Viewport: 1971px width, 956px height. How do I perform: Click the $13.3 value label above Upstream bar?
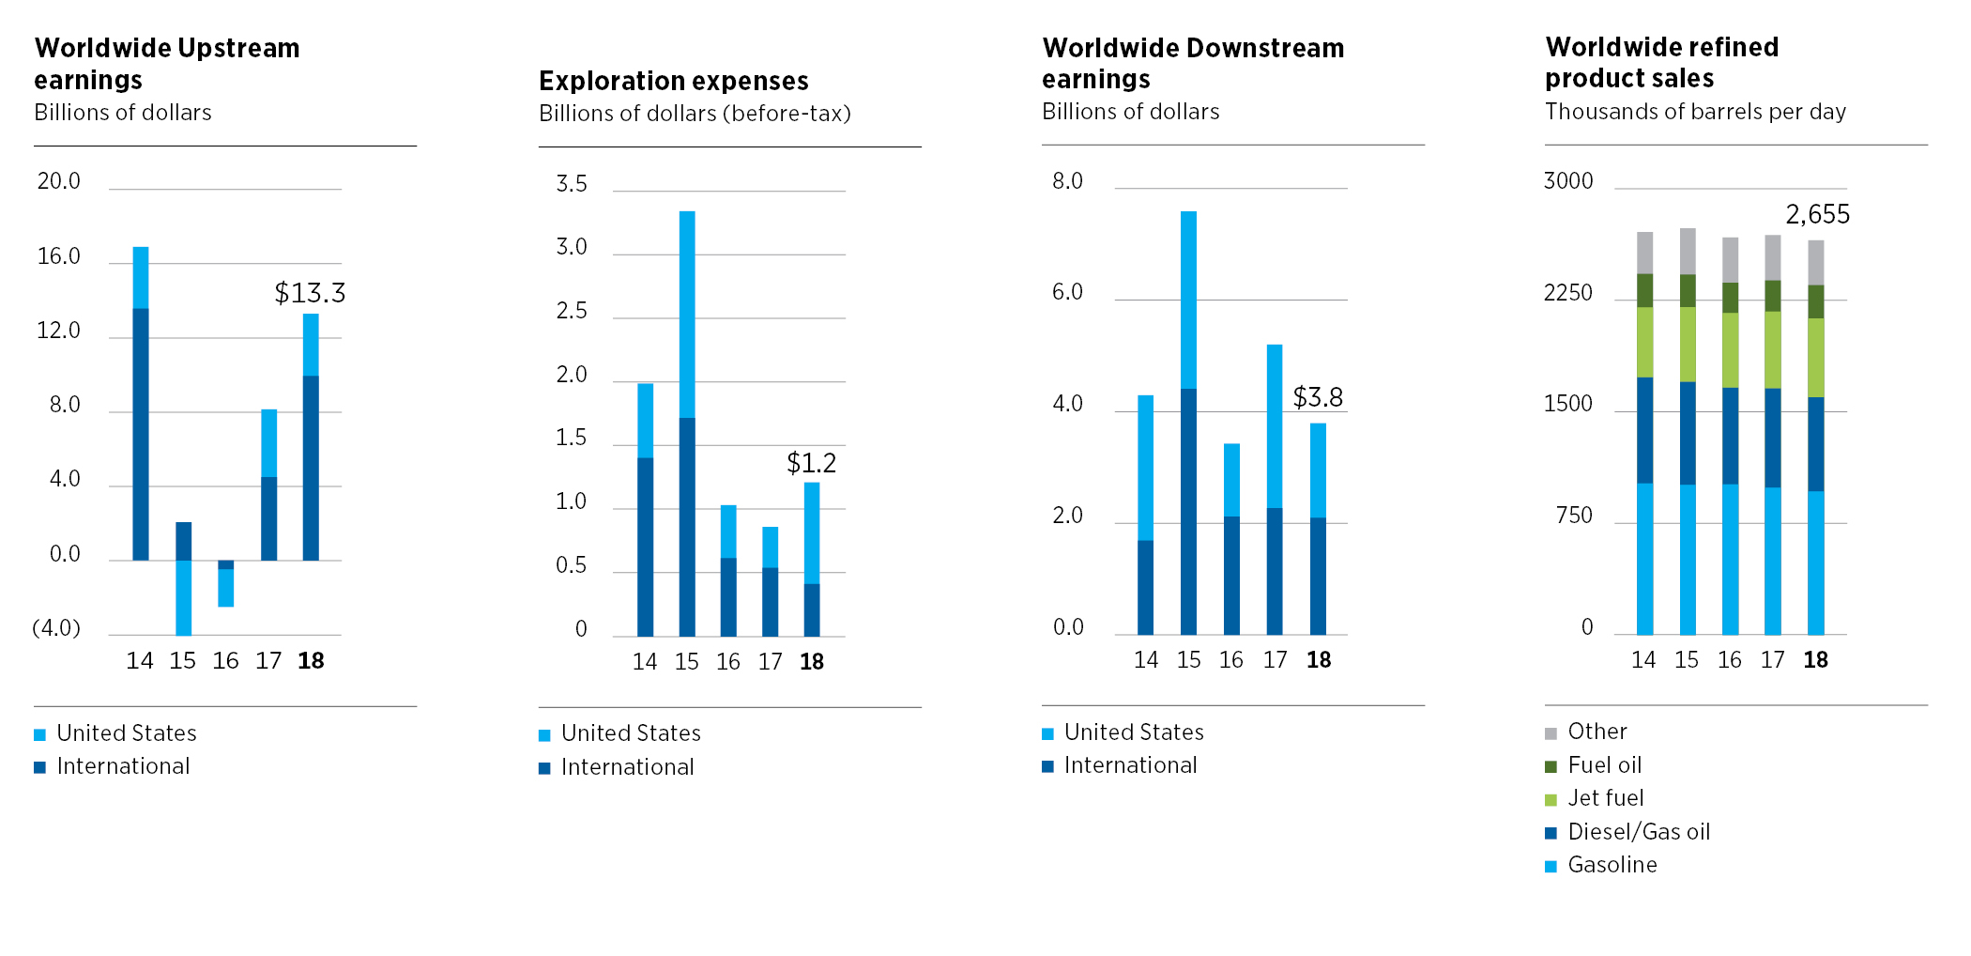coord(310,293)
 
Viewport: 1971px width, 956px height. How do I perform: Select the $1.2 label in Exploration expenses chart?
coord(811,463)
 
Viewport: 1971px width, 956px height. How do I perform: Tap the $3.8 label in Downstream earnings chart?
coord(1318,397)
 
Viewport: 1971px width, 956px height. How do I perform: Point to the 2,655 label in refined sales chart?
coord(1817,215)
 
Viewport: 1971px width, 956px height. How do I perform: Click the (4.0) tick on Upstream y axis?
coord(56,627)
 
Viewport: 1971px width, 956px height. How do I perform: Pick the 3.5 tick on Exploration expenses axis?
coord(572,184)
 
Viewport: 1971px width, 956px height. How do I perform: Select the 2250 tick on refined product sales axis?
coord(1567,293)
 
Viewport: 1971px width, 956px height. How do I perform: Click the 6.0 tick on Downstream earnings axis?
coord(1067,292)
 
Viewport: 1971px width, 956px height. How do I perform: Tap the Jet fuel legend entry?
coord(1605,798)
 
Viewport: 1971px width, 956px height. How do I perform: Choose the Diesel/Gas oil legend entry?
coord(1638,832)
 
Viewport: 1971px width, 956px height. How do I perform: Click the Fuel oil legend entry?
coord(1604,765)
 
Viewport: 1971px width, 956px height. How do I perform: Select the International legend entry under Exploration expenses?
coord(627,767)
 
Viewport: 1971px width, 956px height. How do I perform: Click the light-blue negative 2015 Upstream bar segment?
coord(184,597)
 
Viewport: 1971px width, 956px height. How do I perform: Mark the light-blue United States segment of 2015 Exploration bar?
coord(687,315)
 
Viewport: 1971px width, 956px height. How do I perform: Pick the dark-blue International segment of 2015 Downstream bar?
coord(1188,512)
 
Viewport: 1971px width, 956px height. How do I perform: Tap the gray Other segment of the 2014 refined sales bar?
coord(1644,253)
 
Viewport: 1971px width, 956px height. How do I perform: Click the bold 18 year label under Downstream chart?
coord(1319,660)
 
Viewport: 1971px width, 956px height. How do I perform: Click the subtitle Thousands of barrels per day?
coord(1695,112)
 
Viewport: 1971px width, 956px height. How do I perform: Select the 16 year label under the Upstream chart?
coord(225,661)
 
